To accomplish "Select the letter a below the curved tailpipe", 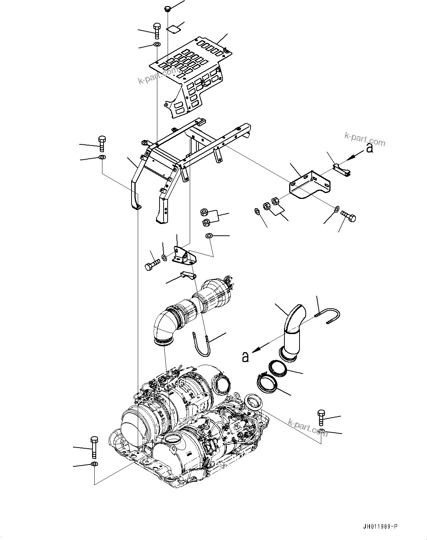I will click(x=245, y=357).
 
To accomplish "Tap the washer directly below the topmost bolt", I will click(x=157, y=45).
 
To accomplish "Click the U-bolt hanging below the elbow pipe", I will click(x=202, y=344).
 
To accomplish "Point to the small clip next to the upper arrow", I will click(x=341, y=170).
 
